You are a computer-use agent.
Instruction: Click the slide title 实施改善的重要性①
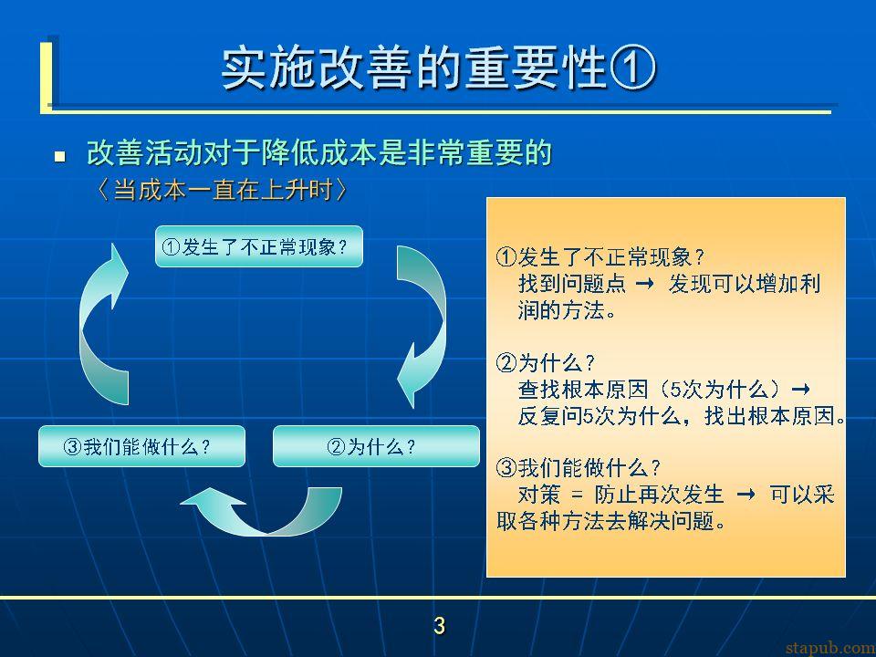pos(439,69)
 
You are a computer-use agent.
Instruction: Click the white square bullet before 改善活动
pos(60,156)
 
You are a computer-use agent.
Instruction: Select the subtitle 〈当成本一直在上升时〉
pos(222,191)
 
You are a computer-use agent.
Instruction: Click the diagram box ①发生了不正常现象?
pos(258,246)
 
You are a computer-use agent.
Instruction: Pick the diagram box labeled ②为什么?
pos(376,446)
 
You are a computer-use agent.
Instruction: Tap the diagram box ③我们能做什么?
pos(142,446)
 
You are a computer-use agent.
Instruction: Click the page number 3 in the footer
pos(439,626)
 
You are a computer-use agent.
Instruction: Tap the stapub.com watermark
pos(830,648)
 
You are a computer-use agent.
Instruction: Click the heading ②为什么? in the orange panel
pos(546,364)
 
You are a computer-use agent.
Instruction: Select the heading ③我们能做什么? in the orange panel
pos(579,468)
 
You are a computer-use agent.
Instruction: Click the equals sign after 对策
pos(577,495)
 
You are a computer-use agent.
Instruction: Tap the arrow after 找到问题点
pos(645,284)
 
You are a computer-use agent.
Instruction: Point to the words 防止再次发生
pos(659,495)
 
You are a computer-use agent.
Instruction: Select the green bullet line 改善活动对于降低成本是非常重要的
pos(319,153)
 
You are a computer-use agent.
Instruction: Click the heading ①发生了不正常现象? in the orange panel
pos(600,257)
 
